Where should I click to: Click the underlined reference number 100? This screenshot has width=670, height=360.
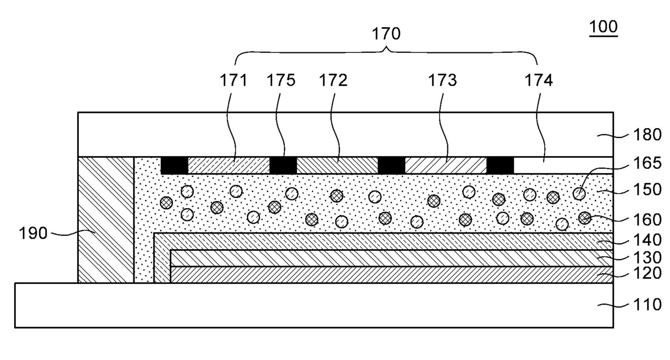pos(603,27)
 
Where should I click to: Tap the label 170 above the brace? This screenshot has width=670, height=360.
pos(386,34)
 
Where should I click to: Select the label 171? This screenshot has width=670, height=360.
pos(233,81)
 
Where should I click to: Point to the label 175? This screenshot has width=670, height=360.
pos(281,81)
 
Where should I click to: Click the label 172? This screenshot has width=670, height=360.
pos(333,81)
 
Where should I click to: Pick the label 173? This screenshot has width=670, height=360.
pos(443,81)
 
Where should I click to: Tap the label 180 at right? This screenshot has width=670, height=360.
pos(648,135)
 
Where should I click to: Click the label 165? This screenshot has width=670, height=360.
pos(648,162)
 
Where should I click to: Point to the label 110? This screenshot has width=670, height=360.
pos(648,304)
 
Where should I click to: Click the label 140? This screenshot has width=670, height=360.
pos(648,239)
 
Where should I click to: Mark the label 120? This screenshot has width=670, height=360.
pos(648,274)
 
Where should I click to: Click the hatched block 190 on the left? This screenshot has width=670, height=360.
pos(106,219)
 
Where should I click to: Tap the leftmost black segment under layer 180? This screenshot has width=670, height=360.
pos(174,165)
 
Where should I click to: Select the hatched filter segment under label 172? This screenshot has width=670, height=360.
pos(337,165)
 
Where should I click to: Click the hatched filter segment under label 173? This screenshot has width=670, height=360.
pos(445,165)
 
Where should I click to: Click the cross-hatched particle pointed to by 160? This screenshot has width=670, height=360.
pos(584,218)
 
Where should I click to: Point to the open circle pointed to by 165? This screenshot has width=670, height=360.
pos(579,194)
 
